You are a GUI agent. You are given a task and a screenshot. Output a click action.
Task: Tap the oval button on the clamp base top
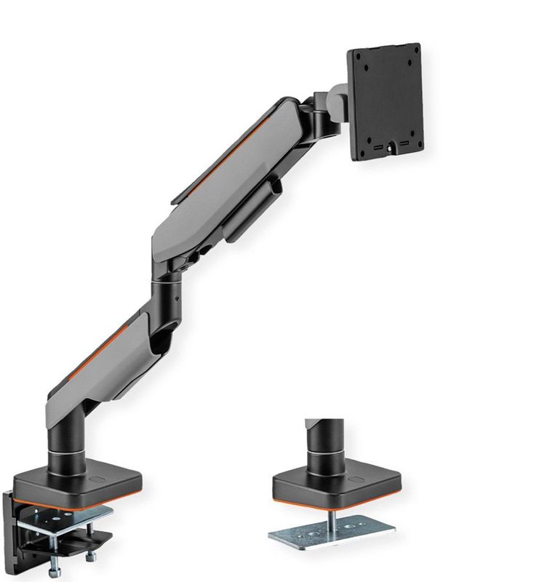click(98, 479)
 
